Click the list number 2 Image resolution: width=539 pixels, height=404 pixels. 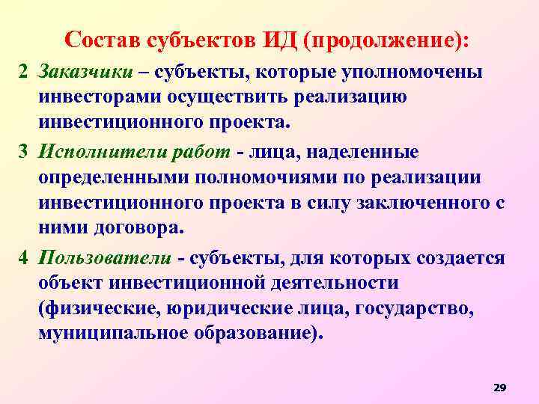click(23, 73)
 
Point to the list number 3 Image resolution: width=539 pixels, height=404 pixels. click(23, 152)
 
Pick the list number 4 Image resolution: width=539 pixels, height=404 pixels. click(23, 258)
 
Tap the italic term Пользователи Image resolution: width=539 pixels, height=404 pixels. click(105, 258)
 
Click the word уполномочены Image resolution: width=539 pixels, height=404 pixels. click(415, 73)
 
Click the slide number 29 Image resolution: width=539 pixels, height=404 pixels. click(500, 387)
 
